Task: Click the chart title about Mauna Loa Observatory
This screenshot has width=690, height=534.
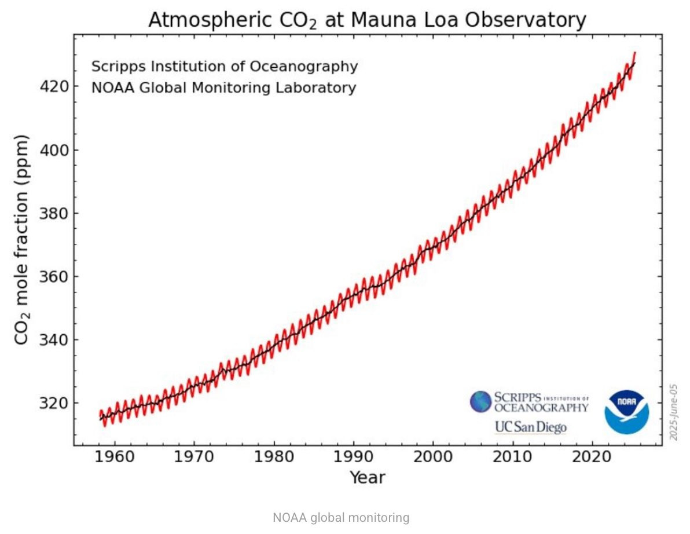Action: pos(367,21)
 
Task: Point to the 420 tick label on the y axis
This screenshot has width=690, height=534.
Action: pos(54,87)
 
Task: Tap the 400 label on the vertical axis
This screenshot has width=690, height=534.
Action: pos(54,151)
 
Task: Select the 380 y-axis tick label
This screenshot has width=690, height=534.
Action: pos(54,214)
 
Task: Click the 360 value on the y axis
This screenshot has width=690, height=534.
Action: pos(54,277)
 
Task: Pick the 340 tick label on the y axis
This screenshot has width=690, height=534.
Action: pos(54,340)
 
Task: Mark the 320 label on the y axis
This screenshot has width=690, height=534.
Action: pos(54,403)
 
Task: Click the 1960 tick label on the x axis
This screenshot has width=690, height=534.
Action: pos(113,456)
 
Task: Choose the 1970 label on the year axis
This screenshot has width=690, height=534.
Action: pos(193,456)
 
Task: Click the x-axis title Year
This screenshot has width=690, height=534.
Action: pos(367,478)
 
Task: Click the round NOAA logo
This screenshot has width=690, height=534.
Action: pos(626,412)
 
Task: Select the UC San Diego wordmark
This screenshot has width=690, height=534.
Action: pos(530,427)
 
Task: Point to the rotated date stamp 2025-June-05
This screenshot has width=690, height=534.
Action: pos(673,411)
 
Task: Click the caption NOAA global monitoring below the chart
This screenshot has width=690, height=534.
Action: pos(340,518)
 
